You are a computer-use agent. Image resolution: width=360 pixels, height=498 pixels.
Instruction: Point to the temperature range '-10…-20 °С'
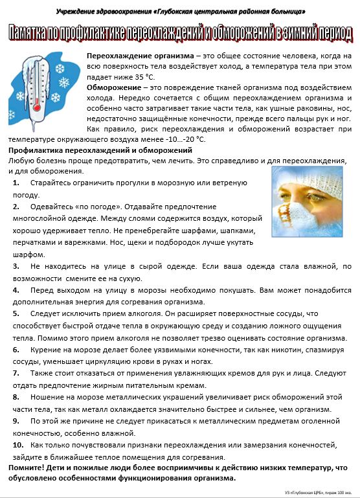click(183, 139)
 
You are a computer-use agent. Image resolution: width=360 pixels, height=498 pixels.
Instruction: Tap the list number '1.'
click(16, 183)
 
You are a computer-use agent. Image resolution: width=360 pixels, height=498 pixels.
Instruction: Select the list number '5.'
click(16, 313)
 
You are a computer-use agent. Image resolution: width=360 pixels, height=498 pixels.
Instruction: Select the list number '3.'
click(16, 266)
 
